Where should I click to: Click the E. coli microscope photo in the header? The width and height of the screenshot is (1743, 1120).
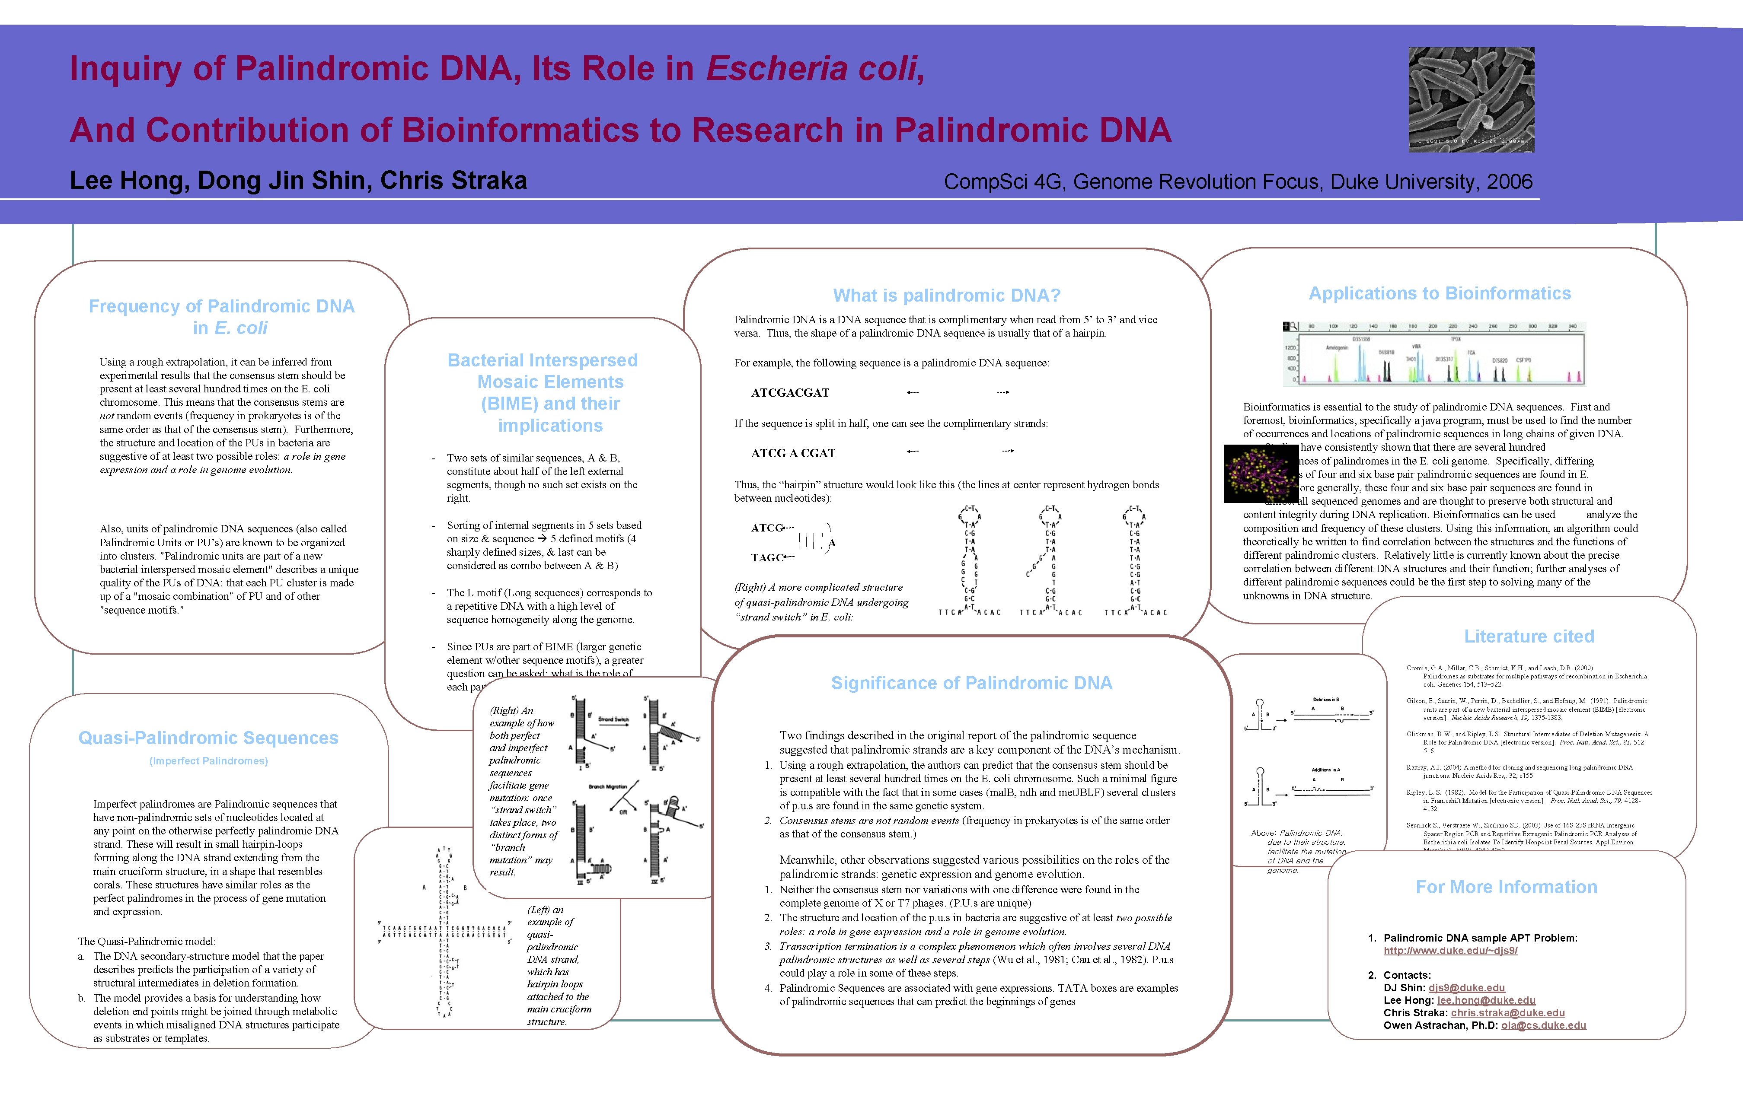point(1471,100)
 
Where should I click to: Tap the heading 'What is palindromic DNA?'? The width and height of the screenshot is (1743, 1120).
point(946,295)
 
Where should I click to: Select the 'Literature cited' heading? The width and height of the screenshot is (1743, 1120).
point(1529,636)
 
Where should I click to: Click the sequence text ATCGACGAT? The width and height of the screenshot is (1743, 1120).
point(790,393)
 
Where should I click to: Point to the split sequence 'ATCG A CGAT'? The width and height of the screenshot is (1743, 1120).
point(793,453)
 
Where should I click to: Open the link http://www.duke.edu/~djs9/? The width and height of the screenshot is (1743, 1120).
point(1450,951)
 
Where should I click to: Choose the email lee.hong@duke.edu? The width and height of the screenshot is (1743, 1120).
point(1486,1000)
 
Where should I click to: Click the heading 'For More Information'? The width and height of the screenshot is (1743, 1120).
point(1506,887)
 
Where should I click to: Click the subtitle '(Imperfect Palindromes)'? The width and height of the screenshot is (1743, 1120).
point(209,761)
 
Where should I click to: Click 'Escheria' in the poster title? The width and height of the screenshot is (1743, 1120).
point(777,68)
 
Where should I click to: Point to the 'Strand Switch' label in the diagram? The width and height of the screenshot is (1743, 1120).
point(613,719)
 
